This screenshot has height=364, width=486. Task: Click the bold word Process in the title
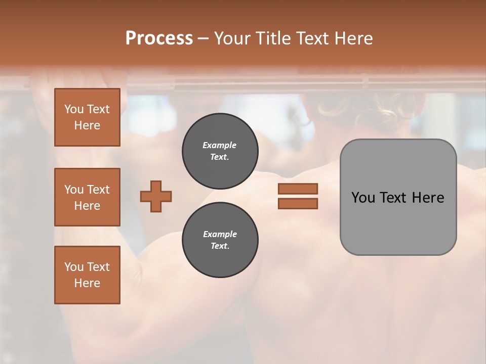(x=159, y=38)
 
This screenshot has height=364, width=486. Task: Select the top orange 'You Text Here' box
(x=87, y=117)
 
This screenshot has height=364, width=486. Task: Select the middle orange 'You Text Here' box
(x=87, y=197)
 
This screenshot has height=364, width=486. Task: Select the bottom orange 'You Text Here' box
(x=87, y=275)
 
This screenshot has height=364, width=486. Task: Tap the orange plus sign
(x=156, y=196)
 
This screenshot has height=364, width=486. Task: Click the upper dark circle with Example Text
(x=220, y=151)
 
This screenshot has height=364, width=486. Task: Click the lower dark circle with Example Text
(x=220, y=240)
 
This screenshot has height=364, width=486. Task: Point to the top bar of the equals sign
(x=298, y=189)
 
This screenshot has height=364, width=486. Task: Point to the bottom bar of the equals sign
(x=298, y=203)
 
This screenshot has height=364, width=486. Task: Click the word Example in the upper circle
(x=220, y=145)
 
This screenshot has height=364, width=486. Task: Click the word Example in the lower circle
(x=220, y=234)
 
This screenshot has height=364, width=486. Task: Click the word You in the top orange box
(x=74, y=109)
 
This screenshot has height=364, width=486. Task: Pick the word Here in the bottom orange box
(x=87, y=283)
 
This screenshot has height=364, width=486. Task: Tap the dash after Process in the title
(x=203, y=38)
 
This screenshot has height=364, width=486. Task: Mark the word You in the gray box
(x=363, y=198)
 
